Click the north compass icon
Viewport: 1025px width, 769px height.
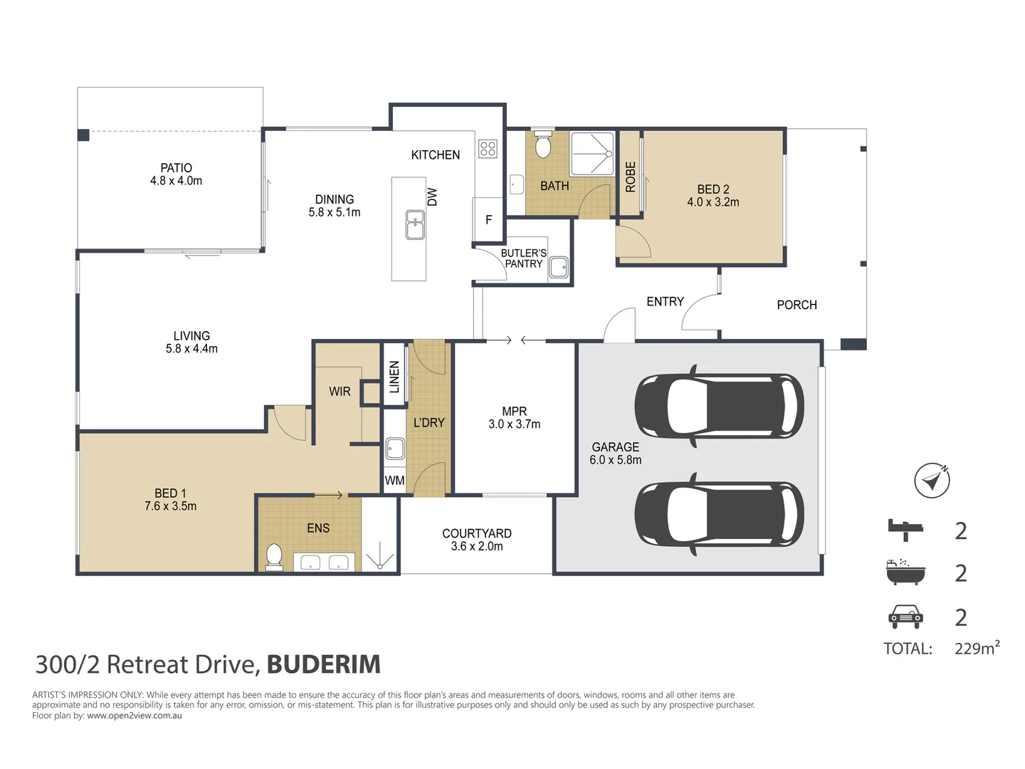click(932, 481)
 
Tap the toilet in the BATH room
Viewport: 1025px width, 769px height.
click(542, 144)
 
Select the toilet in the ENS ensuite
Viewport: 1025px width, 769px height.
click(274, 557)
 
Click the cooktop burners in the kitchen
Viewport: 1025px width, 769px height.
click(488, 149)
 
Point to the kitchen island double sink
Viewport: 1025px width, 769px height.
click(415, 224)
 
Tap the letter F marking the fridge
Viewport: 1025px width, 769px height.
click(488, 219)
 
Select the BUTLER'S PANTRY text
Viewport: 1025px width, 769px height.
click(523, 258)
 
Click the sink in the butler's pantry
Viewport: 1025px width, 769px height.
click(558, 268)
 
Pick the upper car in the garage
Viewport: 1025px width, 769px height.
click(719, 405)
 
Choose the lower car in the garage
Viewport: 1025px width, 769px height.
click(719, 513)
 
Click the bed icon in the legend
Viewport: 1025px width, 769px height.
click(905, 530)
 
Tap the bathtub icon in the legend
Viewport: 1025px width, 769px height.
click(905, 572)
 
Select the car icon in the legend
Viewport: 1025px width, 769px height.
click(905, 617)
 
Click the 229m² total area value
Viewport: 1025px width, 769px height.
click(977, 648)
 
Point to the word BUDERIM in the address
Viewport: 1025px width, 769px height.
click(324, 664)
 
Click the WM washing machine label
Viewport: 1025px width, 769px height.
click(394, 481)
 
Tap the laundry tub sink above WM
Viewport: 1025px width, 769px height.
click(395, 449)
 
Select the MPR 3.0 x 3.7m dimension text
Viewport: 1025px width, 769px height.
click(514, 424)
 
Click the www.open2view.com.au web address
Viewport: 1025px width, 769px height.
click(135, 716)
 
